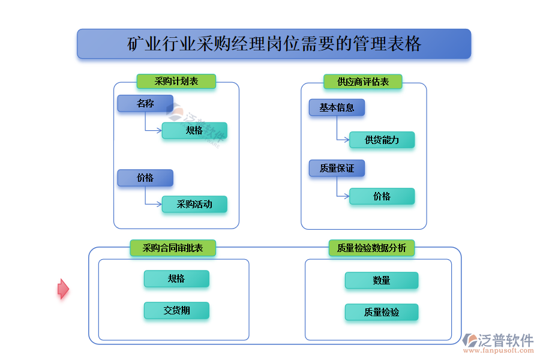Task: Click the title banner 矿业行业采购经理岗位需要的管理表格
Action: pyautogui.click(x=274, y=44)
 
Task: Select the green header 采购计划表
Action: pyautogui.click(x=176, y=81)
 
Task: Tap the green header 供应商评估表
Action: pyautogui.click(x=362, y=82)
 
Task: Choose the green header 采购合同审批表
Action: pyautogui.click(x=173, y=248)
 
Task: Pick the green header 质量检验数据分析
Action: pyautogui.click(x=371, y=248)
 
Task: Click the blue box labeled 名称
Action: pyautogui.click(x=145, y=104)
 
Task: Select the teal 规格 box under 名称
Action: pyautogui.click(x=194, y=130)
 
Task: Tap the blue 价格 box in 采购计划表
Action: pyautogui.click(x=145, y=178)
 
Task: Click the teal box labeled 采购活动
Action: pyautogui.click(x=194, y=204)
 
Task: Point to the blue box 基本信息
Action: pyautogui.click(x=337, y=108)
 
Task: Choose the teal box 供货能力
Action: pyautogui.click(x=382, y=140)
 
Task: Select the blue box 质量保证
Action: pyautogui.click(x=337, y=169)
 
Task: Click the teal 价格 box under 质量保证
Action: pyautogui.click(x=382, y=196)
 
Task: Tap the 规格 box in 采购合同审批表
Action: pyautogui.click(x=176, y=278)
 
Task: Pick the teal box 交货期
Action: pyautogui.click(x=176, y=310)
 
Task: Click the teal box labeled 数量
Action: pyautogui.click(x=382, y=280)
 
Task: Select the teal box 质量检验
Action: pyautogui.click(x=382, y=312)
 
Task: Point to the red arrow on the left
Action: pyautogui.click(x=63, y=289)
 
